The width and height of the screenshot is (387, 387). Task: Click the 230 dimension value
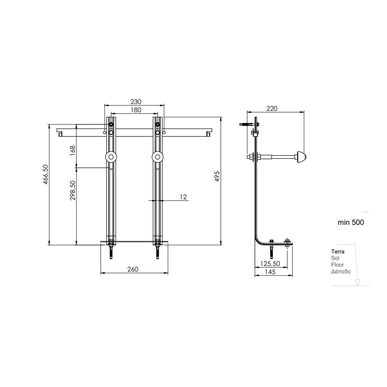(136, 102)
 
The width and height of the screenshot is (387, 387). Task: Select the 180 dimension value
(136, 110)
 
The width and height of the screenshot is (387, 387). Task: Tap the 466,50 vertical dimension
(46, 174)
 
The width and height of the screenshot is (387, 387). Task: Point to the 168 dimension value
(72, 150)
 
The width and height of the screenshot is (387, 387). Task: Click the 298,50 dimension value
(72, 190)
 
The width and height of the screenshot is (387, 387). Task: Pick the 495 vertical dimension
(217, 176)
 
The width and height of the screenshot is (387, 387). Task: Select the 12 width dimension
(183, 197)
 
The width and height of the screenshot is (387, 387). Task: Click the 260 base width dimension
(133, 269)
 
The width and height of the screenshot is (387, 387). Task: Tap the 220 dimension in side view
(272, 109)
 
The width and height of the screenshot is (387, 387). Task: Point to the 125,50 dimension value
(270, 264)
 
